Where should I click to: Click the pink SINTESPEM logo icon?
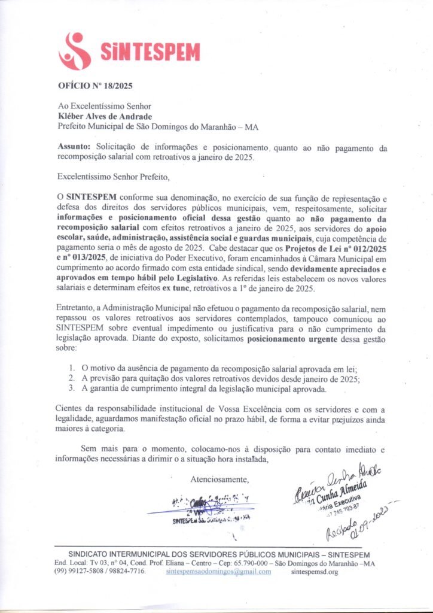coord(75,50)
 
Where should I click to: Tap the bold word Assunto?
coord(75,147)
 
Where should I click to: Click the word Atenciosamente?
coord(219,480)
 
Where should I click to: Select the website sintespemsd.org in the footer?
coord(315,572)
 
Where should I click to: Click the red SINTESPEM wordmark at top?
coord(150,51)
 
